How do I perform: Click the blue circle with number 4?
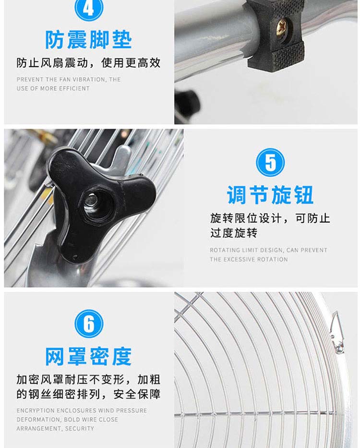point(88,8)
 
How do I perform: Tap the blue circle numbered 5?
point(270,162)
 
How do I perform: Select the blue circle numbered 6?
point(89,324)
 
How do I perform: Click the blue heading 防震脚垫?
point(88,40)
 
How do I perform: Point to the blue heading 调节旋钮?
point(270,195)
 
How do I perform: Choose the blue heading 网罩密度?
point(88,356)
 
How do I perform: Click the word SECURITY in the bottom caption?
point(80,428)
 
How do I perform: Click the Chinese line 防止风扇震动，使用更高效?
point(88,63)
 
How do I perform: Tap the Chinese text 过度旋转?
point(234,233)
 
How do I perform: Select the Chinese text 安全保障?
point(137,394)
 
